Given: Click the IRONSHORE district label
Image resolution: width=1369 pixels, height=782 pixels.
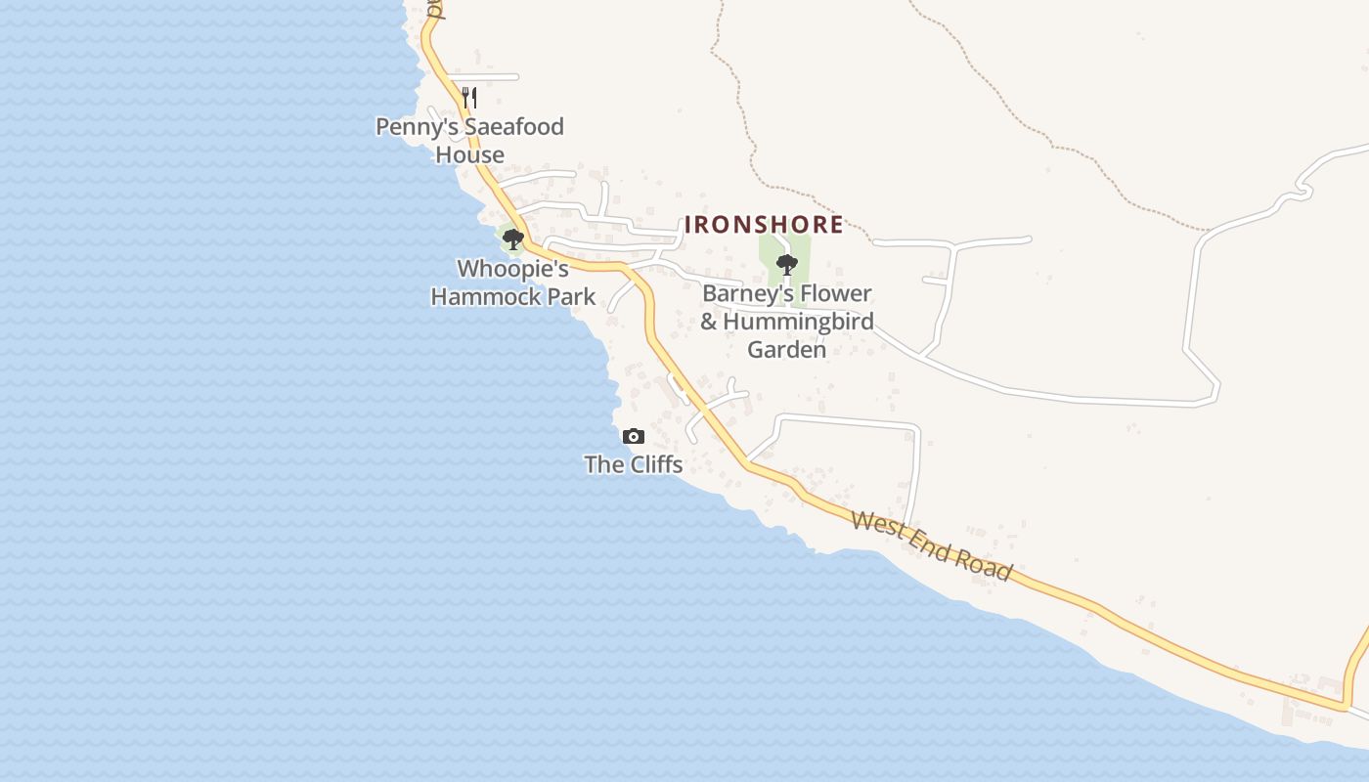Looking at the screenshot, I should (x=764, y=224).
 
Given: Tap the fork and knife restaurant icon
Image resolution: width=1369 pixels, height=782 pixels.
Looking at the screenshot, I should (x=469, y=97).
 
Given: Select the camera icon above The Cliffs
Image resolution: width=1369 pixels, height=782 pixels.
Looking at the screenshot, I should (x=634, y=436).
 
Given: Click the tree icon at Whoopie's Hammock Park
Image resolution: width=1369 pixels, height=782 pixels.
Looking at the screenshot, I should (x=512, y=239).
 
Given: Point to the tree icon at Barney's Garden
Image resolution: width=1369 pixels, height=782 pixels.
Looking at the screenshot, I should (x=786, y=263).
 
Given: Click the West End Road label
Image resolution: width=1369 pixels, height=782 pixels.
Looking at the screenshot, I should (x=931, y=545).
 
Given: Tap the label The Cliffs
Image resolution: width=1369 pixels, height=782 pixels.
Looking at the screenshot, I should (x=634, y=464).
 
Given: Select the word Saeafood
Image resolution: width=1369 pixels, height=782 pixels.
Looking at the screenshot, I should (x=514, y=127).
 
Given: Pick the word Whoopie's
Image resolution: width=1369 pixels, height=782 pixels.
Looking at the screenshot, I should (x=512, y=269).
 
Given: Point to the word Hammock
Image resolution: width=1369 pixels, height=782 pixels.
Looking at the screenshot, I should (x=486, y=296).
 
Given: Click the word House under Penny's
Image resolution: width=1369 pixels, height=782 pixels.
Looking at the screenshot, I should (x=470, y=154).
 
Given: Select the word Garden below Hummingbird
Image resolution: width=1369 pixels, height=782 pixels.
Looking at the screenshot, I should (x=787, y=349).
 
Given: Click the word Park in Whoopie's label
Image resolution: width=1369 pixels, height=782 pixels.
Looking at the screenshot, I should (x=572, y=296).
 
